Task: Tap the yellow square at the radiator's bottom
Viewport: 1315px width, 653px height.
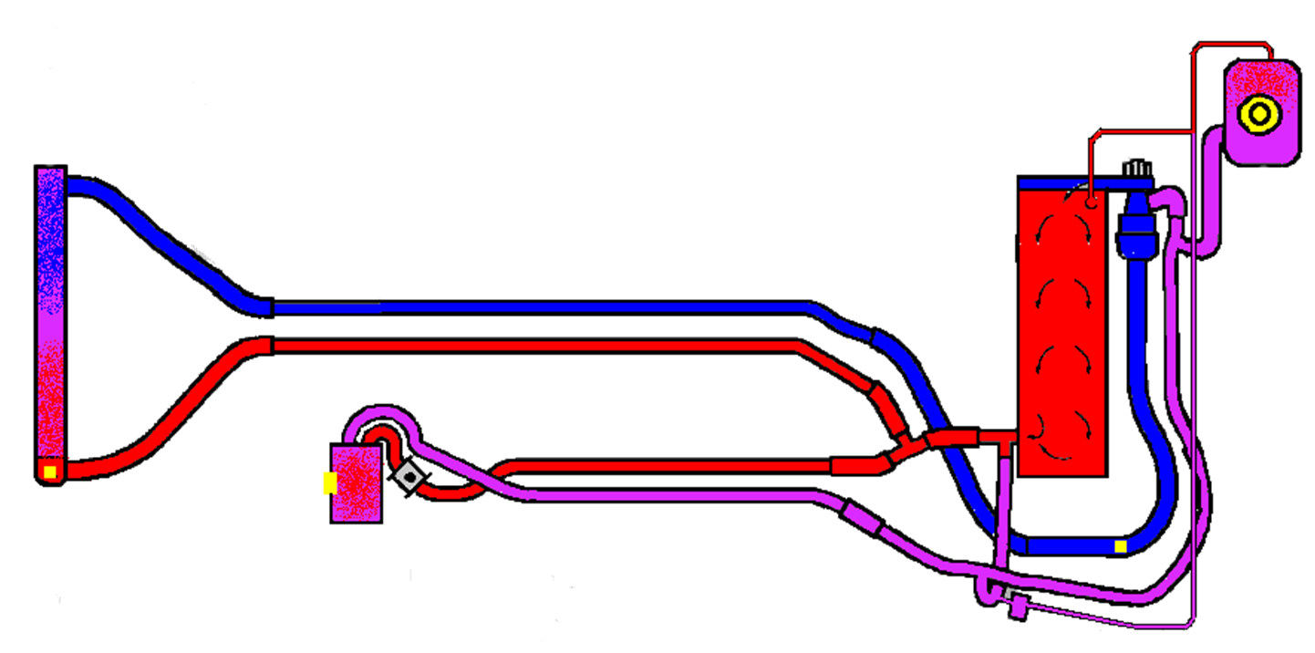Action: [50, 472]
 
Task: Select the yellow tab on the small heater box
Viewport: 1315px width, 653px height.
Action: [329, 483]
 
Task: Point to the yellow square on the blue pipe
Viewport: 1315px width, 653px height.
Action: [1121, 546]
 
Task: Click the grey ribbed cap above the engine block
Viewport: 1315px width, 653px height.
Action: [1135, 168]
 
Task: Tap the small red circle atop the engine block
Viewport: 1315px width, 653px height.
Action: [1090, 202]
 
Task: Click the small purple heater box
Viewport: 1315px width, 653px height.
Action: [356, 484]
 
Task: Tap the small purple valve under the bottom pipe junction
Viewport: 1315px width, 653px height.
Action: [1016, 606]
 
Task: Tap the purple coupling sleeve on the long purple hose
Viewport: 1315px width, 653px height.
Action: [862, 516]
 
